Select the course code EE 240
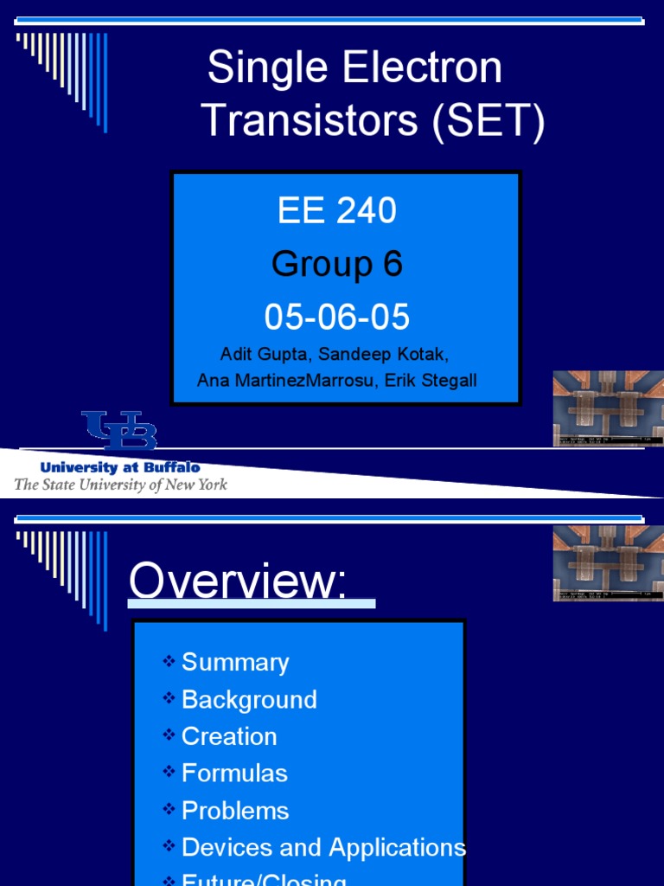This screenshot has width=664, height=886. [337, 211]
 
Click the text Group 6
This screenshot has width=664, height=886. [337, 264]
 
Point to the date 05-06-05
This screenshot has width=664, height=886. [337, 318]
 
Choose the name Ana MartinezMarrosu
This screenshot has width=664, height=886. [282, 381]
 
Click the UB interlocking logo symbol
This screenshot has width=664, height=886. [119, 431]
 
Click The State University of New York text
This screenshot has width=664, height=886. [120, 485]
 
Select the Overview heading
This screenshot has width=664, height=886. [238, 581]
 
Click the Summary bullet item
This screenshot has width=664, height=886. [235, 663]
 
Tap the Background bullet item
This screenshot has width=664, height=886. [249, 699]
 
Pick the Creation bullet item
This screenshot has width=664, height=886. [229, 736]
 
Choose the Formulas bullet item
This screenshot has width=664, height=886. [234, 773]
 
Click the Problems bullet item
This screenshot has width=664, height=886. [235, 811]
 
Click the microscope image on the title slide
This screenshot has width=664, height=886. [608, 408]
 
